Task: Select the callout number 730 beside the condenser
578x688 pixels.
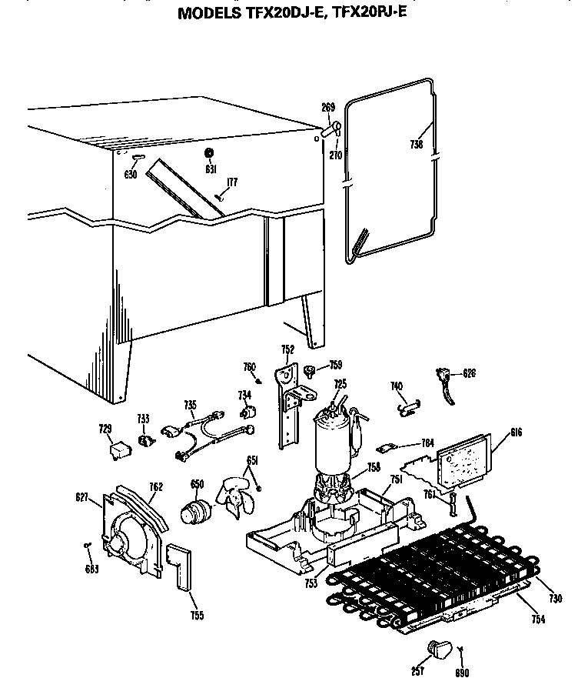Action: (x=556, y=599)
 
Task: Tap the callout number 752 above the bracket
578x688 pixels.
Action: (x=287, y=349)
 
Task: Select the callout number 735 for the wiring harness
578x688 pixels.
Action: (x=191, y=404)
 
